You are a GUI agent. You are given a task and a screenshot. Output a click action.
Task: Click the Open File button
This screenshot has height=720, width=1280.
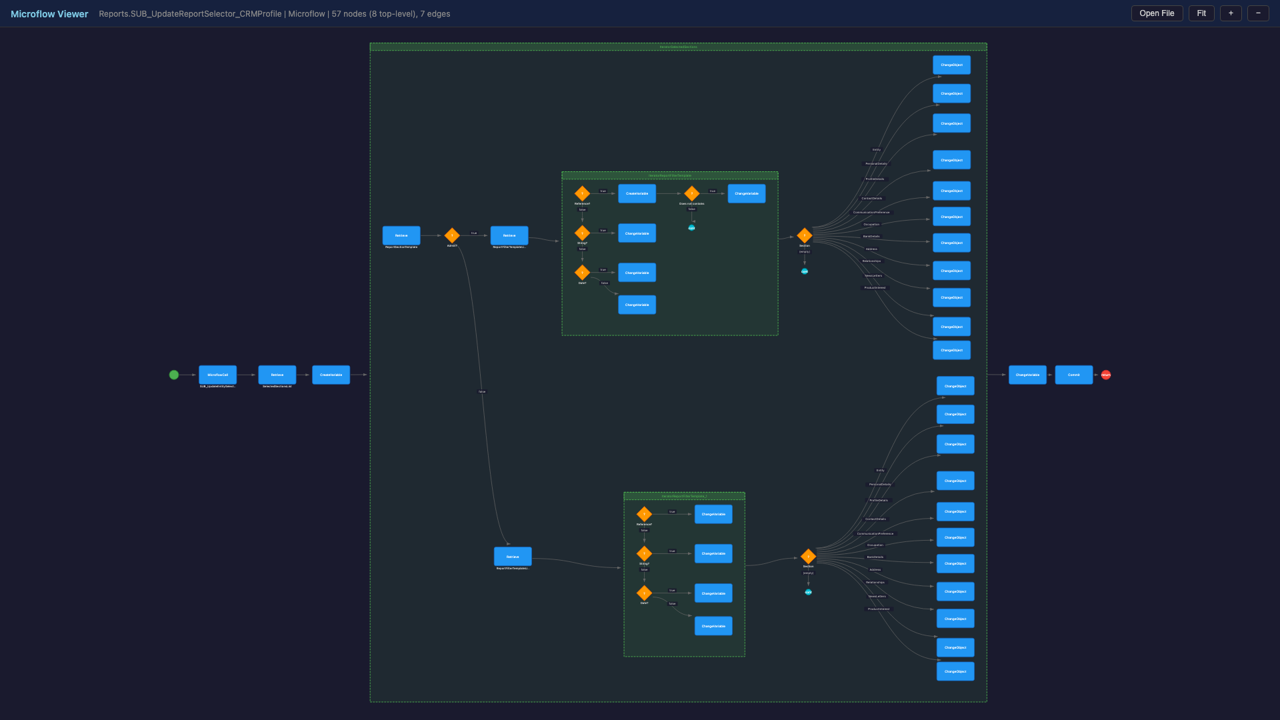[x=1157, y=13]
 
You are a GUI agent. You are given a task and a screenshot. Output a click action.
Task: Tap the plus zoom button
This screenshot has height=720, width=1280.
[x=1231, y=13]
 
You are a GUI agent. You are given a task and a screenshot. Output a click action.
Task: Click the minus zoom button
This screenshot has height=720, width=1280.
[x=1258, y=13]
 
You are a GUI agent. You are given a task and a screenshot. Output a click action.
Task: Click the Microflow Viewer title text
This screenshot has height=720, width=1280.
[x=49, y=14]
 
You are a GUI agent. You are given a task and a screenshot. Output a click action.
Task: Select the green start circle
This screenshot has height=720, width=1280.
[x=174, y=375]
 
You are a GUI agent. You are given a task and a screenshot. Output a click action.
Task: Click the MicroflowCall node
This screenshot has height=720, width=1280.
[x=217, y=375]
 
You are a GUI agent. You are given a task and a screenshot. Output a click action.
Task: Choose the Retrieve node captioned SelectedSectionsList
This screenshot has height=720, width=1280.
[x=277, y=375]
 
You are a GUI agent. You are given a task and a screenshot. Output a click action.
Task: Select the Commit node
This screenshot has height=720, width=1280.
[x=1073, y=375]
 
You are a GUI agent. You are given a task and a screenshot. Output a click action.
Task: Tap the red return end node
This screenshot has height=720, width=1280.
[x=1106, y=375]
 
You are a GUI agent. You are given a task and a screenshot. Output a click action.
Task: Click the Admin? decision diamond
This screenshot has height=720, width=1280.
[x=452, y=235]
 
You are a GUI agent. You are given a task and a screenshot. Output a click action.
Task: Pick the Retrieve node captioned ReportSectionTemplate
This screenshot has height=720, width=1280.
[x=401, y=235]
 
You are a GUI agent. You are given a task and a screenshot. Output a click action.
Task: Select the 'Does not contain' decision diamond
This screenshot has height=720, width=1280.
[x=691, y=193]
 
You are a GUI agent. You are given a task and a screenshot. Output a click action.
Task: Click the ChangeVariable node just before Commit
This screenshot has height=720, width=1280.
[x=1027, y=375]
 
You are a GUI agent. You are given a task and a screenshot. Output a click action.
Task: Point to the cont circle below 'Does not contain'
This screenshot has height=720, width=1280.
[x=691, y=228]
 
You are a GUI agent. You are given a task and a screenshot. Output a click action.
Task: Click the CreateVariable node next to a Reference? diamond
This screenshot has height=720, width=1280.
[x=637, y=193]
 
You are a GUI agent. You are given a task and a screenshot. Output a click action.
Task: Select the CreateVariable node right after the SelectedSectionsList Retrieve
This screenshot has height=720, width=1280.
[x=331, y=375]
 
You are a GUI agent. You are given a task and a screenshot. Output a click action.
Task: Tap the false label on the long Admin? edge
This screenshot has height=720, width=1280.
[x=482, y=391]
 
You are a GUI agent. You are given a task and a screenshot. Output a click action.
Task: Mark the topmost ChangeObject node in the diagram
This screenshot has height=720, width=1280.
[x=951, y=65]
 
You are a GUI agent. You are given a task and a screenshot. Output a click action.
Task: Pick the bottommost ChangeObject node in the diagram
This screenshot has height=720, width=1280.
[x=955, y=671]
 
